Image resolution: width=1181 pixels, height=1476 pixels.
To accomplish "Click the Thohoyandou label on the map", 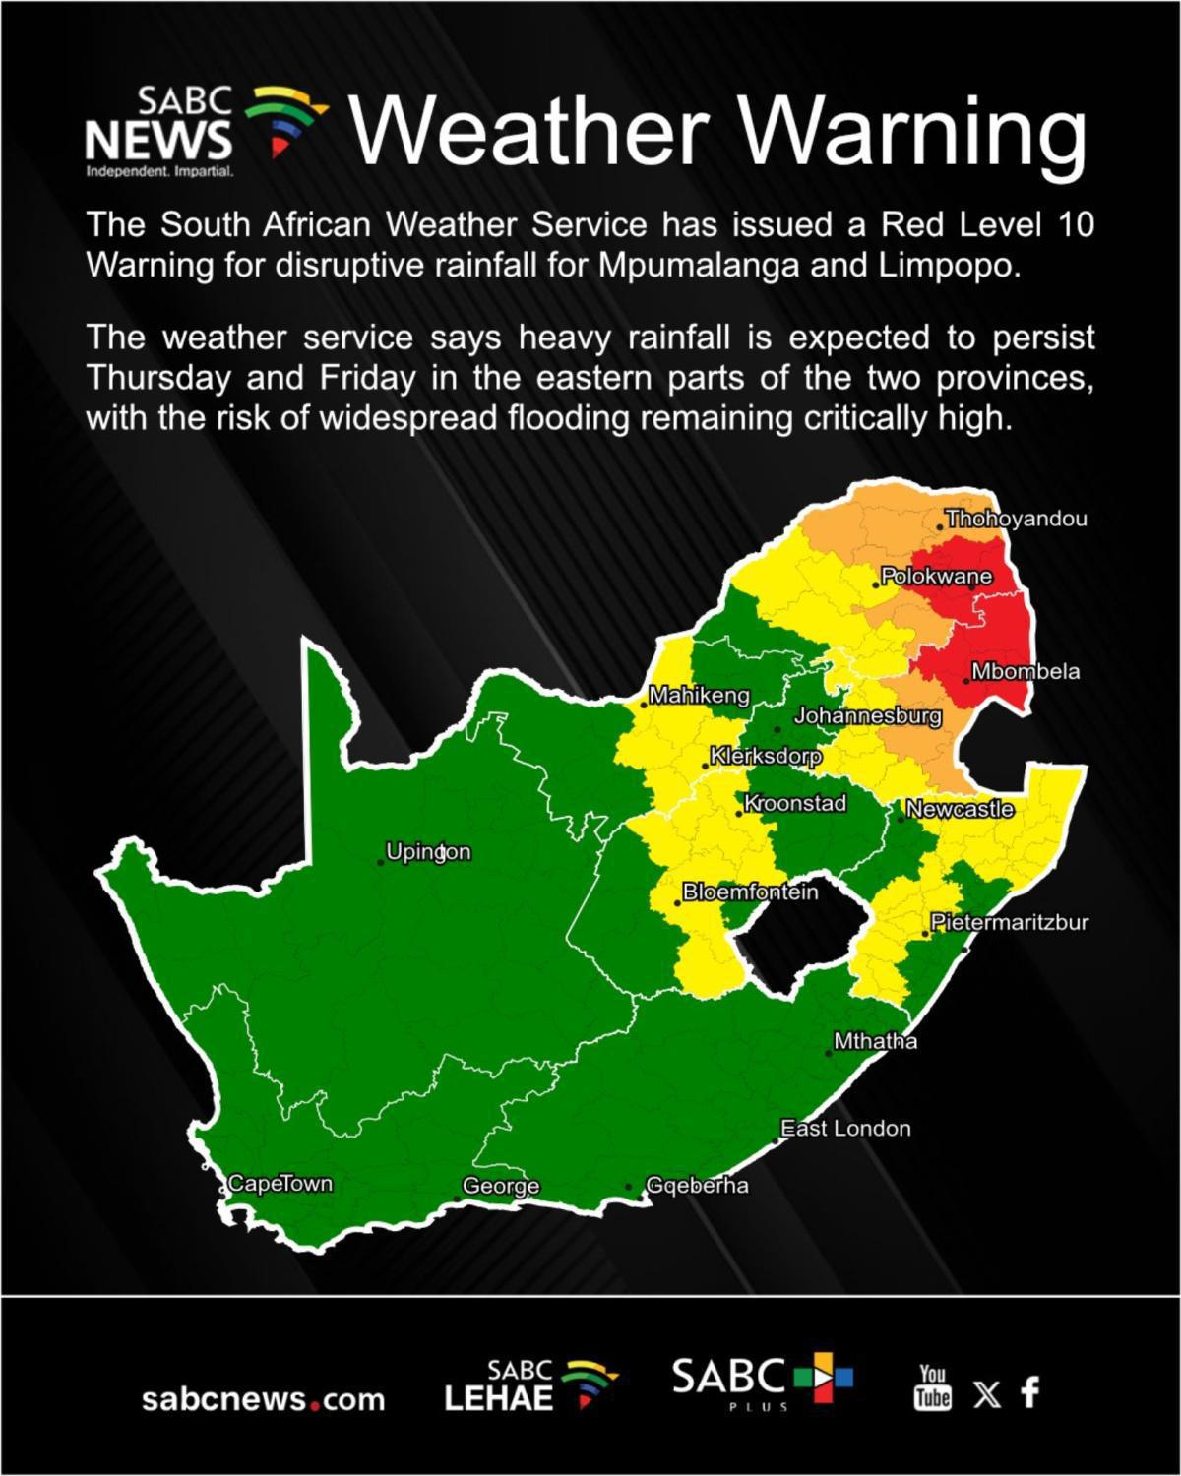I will click(x=1016, y=519).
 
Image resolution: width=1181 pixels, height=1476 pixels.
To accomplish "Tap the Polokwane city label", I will click(x=936, y=576).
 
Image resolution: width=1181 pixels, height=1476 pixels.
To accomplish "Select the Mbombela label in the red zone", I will click(x=1026, y=672).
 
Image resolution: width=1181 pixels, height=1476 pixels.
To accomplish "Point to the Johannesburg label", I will click(x=867, y=716).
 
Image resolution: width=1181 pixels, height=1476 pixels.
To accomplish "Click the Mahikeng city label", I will click(x=699, y=696).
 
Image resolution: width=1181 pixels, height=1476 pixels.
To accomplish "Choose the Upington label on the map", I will click(x=428, y=851).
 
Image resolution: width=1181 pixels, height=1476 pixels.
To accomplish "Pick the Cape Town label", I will click(x=280, y=1184).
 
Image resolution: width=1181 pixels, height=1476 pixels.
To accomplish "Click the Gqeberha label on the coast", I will click(x=697, y=1186).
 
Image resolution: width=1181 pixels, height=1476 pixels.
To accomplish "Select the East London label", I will click(x=845, y=1129).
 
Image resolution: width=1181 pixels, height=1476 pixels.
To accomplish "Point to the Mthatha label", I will click(x=875, y=1041).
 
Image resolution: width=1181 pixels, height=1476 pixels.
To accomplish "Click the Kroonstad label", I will click(x=794, y=803).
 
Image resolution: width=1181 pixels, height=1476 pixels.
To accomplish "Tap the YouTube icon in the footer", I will click(x=932, y=1387).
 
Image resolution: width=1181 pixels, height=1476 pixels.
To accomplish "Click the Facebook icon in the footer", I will click(x=1029, y=1391).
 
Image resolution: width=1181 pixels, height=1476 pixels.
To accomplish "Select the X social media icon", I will click(x=985, y=1393).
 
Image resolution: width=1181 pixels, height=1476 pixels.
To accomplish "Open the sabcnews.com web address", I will click(x=264, y=1399).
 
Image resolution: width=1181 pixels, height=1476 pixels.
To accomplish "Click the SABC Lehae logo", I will click(x=529, y=1386).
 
